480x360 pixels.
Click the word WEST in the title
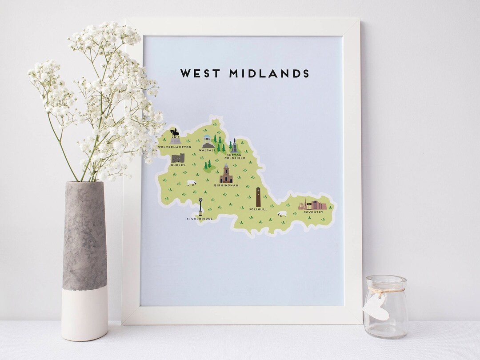[x=200, y=73]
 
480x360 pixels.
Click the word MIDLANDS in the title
[x=269, y=73]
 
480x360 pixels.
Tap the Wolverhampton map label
[x=175, y=147]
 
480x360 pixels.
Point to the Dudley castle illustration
[x=178, y=158]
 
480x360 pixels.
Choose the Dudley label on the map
[x=178, y=165]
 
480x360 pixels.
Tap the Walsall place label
[x=208, y=150]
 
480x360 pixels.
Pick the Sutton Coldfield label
[x=235, y=156]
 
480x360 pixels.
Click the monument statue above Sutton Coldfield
[x=234, y=146]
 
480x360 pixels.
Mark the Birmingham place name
[x=226, y=185]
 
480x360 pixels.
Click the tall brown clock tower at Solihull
[x=258, y=196]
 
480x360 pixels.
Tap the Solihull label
[x=258, y=209]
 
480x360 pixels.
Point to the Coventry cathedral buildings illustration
[x=312, y=205]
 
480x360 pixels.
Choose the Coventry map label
[x=313, y=212]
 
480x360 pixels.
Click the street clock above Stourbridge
[x=200, y=206]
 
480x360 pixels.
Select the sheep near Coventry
[x=282, y=214]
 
